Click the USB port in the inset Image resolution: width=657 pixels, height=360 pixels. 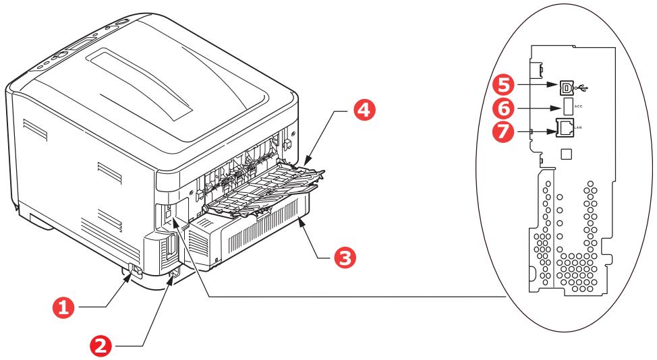pyautogui.click(x=565, y=86)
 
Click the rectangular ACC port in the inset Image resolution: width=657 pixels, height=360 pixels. pyautogui.click(x=566, y=107)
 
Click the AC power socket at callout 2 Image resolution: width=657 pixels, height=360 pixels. pyautogui.click(x=173, y=274)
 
